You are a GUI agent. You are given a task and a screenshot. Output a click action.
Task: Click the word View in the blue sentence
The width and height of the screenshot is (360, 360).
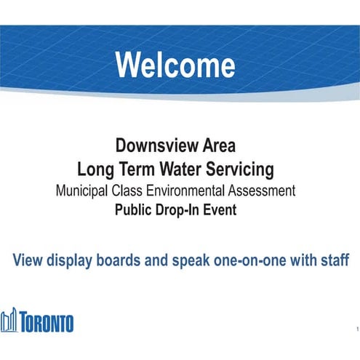(28, 260)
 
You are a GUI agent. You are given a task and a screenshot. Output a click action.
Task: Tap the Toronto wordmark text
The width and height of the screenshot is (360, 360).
(48, 322)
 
